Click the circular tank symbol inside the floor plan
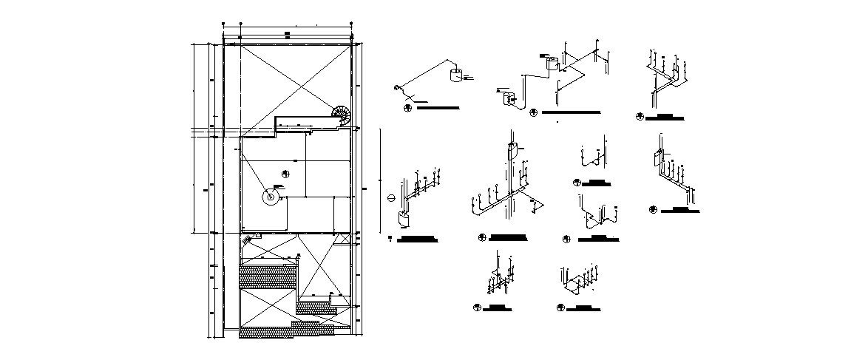(271, 196)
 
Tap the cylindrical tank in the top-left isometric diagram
(456, 74)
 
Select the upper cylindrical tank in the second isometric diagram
(551, 64)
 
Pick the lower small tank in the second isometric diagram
(507, 98)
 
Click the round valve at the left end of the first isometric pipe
(397, 89)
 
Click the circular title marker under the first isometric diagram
(407, 108)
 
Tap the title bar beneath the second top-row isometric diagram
(569, 112)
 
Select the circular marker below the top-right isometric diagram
(640, 116)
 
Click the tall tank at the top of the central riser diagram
(511, 151)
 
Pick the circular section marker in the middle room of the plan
(286, 173)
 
